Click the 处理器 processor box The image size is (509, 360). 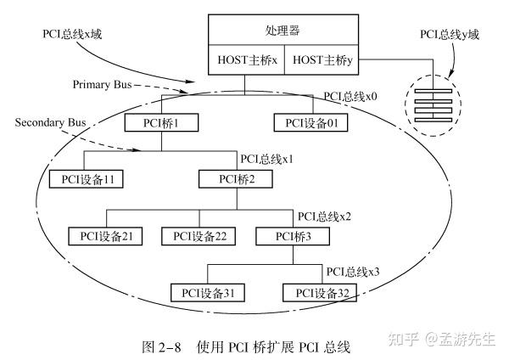point(282,31)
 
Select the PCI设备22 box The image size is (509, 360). point(197,235)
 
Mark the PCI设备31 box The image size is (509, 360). point(207,293)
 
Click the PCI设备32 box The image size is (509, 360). point(322,293)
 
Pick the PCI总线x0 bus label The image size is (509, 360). point(350,98)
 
